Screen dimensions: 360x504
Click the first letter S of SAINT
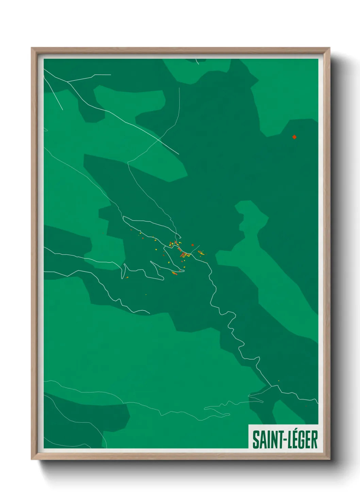coord(255,440)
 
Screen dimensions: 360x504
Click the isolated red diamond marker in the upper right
coord(294,137)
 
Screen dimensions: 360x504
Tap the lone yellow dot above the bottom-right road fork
coord(279,381)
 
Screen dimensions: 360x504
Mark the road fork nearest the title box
coord(271,386)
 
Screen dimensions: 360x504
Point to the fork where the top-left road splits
coord(68,82)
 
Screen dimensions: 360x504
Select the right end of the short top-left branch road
coord(111,75)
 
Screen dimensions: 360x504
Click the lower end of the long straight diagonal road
coord(179,154)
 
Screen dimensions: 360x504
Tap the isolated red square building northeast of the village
coord(193,245)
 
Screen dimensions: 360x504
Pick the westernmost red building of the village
coord(131,230)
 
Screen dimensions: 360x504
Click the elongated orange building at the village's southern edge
coord(175,273)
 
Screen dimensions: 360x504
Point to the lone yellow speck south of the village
coord(146,294)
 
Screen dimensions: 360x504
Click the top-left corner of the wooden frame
coord(32,48)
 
